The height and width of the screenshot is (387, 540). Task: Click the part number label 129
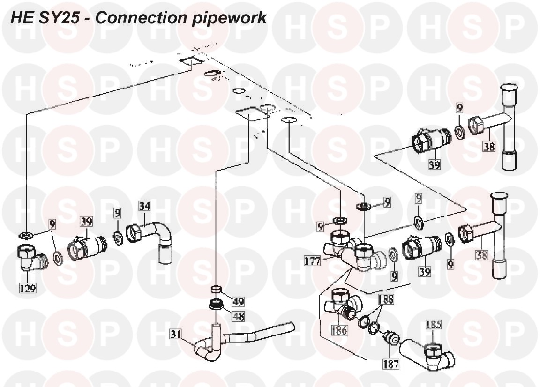pyautogui.click(x=28, y=288)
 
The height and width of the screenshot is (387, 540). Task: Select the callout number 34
pyautogui.click(x=144, y=205)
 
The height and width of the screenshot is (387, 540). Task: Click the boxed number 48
pyautogui.click(x=238, y=316)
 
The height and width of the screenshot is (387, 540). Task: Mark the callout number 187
pyautogui.click(x=390, y=363)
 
